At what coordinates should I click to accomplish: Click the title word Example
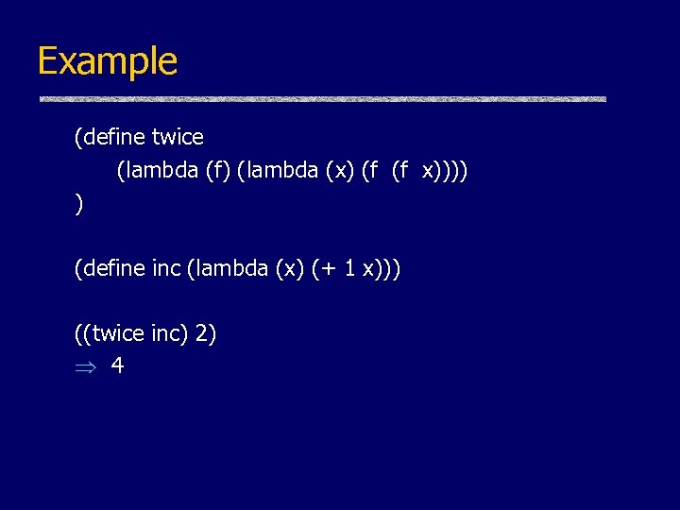107,61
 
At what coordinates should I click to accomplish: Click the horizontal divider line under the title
321,99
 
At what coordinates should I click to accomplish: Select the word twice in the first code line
178,137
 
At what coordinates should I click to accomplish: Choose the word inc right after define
166,269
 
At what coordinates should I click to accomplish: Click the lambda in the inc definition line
228,269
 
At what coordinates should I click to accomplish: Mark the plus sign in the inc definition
331,270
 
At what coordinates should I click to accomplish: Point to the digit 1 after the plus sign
350,269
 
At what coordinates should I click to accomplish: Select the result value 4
117,365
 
